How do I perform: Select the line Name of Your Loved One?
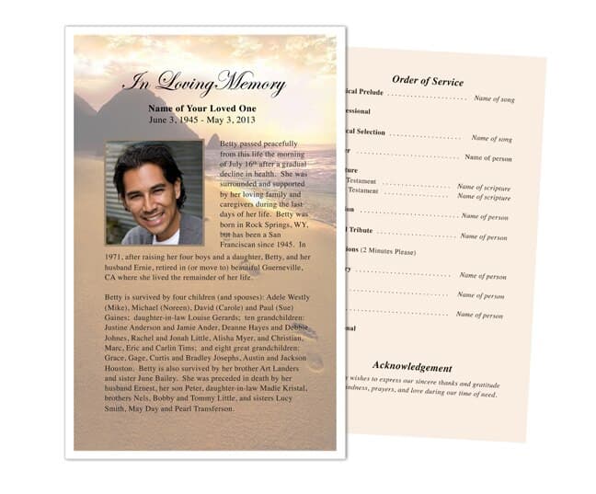(203, 108)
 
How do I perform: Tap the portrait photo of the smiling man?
(154, 191)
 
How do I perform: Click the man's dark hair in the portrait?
(149, 156)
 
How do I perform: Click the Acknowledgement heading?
(413, 366)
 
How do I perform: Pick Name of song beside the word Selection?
(492, 138)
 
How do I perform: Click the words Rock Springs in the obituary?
(262, 224)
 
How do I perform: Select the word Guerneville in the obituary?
(285, 267)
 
